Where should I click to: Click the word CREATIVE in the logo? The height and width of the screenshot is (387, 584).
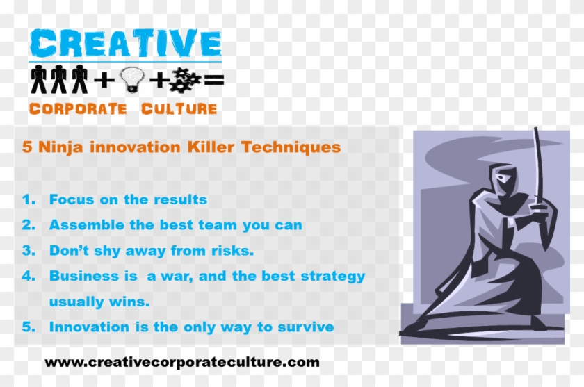[125, 44]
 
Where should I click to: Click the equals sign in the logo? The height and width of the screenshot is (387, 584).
[214, 81]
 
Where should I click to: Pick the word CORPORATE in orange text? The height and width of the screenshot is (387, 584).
[77, 109]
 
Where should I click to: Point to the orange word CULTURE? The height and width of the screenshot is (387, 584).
[179, 109]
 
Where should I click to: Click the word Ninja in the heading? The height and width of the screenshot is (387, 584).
[58, 147]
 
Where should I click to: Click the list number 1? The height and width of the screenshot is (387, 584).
[29, 200]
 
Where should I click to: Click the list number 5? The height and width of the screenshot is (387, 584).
[29, 327]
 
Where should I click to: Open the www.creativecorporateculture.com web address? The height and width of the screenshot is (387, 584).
[182, 362]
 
